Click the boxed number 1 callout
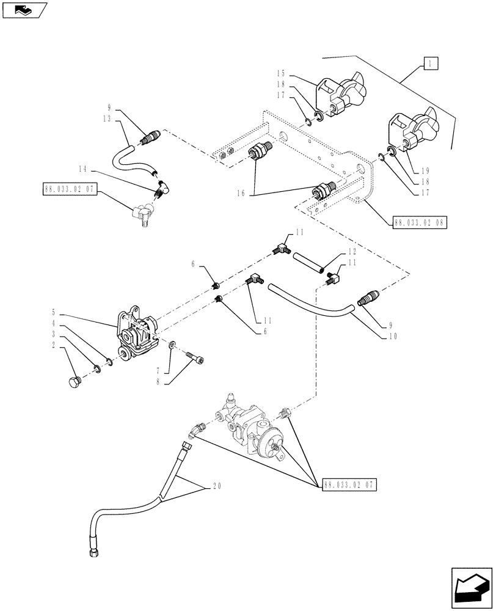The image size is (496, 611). pos(429,63)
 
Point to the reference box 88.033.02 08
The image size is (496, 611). pos(418,223)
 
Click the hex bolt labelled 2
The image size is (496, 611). pos(74,382)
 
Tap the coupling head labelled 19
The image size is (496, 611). pos(412,131)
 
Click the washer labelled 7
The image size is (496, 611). pos(173,346)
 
